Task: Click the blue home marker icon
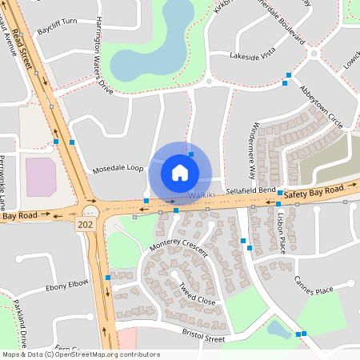[180, 172]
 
